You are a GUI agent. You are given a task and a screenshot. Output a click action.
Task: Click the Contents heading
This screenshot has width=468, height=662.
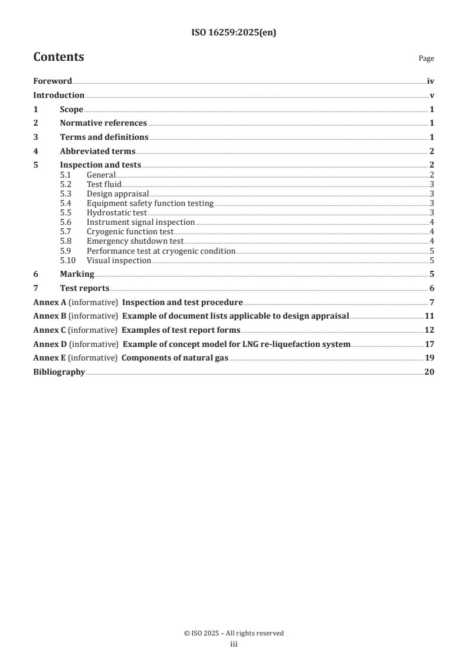[58, 57]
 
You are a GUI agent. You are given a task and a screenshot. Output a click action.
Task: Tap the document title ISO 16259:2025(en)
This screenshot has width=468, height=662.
[234, 33]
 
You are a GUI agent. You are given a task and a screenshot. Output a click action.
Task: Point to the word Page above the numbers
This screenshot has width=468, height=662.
[426, 58]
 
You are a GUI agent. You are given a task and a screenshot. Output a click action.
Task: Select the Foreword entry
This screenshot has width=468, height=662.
[53, 81]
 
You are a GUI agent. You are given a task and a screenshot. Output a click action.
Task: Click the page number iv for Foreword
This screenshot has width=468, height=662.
[431, 81]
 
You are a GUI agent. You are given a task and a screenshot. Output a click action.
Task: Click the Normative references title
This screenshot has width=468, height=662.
[103, 123]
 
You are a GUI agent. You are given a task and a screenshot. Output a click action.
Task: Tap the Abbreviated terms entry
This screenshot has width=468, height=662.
[98, 151]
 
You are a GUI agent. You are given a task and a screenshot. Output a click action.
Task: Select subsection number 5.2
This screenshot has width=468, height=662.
[66, 184]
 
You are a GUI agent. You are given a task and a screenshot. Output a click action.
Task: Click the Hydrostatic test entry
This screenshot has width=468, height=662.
[117, 213]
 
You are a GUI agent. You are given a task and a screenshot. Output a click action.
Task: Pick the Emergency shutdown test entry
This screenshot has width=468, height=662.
[135, 241]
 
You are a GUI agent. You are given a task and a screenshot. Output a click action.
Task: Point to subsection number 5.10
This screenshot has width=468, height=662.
[68, 260]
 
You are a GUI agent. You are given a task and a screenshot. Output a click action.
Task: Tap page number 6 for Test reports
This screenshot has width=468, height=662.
[432, 289]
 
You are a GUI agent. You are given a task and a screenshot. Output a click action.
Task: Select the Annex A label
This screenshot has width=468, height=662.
[50, 303]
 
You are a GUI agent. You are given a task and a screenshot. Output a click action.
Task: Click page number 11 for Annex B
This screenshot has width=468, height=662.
[430, 316]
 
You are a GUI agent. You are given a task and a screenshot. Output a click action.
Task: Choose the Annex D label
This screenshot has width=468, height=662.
[50, 344]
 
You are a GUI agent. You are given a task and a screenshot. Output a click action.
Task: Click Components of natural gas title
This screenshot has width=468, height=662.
[175, 358]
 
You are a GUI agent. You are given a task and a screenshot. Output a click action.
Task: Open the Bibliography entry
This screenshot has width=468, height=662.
[59, 372]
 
